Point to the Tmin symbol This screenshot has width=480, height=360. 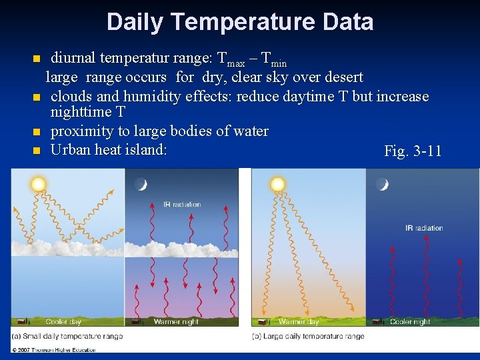click(274, 60)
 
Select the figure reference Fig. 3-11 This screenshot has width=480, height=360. click(413, 151)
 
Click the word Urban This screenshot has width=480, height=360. click(71, 149)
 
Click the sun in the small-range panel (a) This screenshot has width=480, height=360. click(38, 183)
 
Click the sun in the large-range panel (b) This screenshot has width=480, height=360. click(277, 183)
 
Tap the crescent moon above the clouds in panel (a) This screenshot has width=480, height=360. click(141, 185)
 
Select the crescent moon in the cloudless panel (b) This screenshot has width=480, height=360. click(382, 184)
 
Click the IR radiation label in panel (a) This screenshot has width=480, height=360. click(181, 205)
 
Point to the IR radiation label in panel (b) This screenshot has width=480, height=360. click(424, 228)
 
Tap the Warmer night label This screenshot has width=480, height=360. click(176, 322)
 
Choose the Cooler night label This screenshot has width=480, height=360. click(410, 322)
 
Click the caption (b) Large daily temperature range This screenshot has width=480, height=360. click(308, 336)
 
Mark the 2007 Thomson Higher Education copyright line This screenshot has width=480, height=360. click(53, 349)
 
